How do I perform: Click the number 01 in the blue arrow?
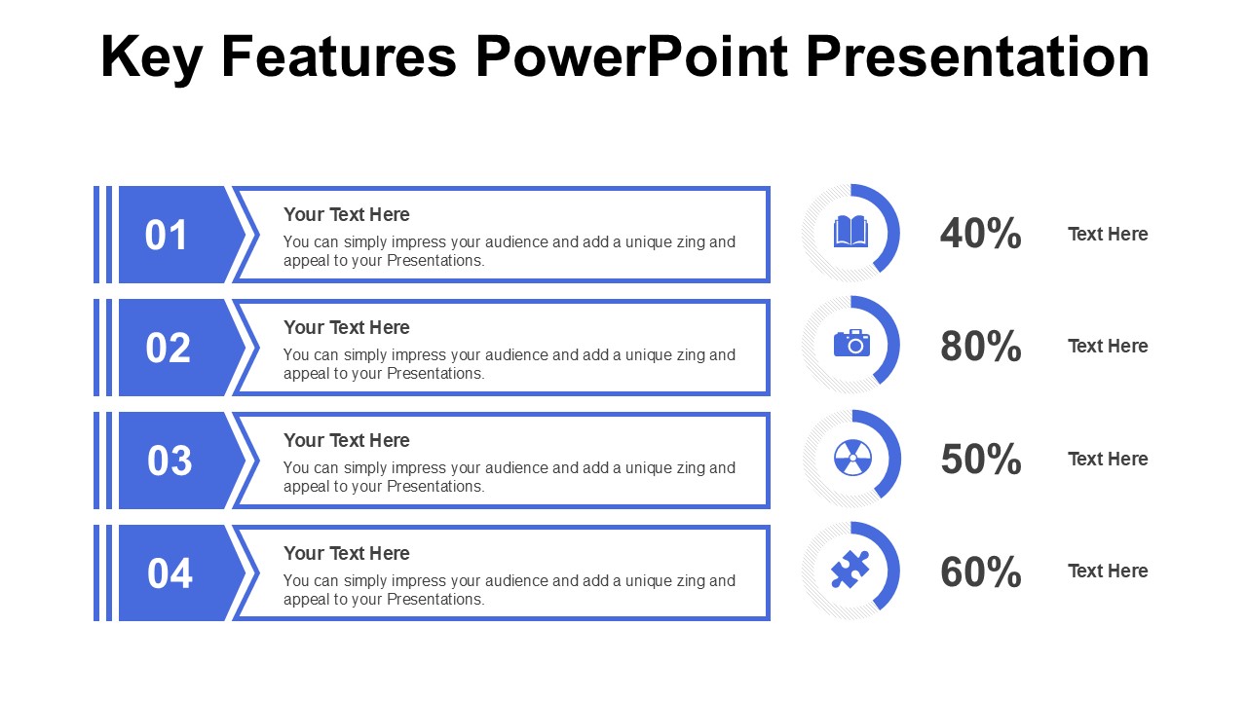(167, 236)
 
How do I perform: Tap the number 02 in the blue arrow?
(168, 349)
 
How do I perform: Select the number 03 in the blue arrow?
(170, 461)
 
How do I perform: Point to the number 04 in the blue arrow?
(170, 573)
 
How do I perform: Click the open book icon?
(850, 232)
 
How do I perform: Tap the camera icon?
(851, 343)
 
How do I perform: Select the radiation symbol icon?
(851, 457)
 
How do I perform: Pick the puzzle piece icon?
(850, 570)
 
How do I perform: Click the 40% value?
(980, 234)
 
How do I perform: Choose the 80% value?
(980, 347)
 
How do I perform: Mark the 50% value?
(980, 460)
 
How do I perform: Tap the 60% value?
(980, 572)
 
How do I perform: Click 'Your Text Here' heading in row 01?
(346, 214)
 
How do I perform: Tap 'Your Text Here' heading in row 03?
(346, 440)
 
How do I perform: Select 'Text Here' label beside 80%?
(1108, 346)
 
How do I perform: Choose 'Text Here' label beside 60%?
(1108, 571)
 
